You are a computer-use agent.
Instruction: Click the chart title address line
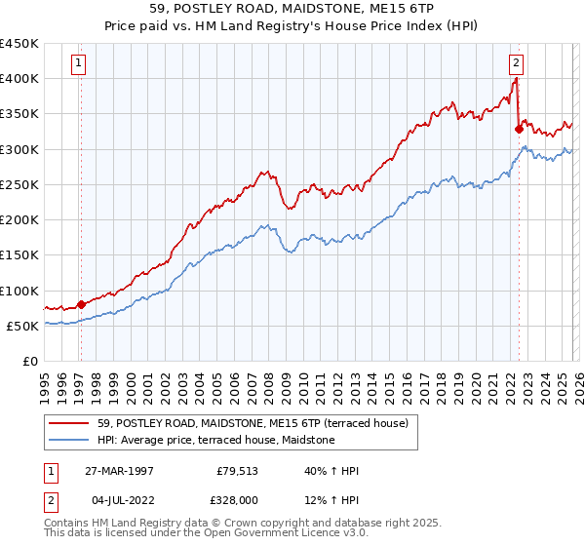tap(292, 9)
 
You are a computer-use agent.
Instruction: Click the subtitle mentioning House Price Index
tap(292, 25)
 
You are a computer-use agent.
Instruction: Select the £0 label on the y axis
tap(29, 362)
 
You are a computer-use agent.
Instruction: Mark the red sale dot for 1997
tap(81, 304)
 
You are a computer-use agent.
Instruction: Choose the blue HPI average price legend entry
tap(215, 441)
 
